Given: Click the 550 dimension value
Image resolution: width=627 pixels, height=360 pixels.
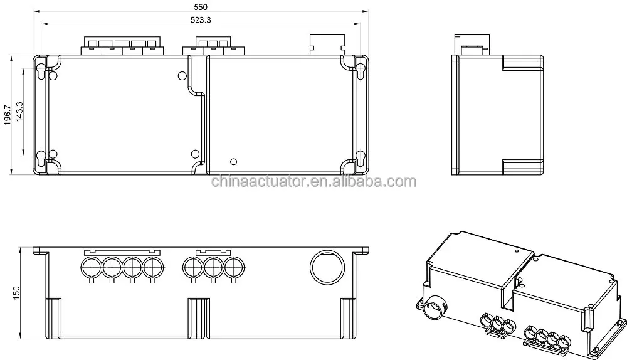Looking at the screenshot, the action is point(201,7).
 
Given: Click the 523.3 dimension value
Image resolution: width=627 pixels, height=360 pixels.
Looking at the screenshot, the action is point(201,19).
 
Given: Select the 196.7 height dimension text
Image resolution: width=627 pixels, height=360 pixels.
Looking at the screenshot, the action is point(8,115).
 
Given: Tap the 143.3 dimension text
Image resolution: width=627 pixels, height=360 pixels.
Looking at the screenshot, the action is point(19,112).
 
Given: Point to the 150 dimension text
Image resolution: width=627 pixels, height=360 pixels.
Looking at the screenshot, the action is point(16,292).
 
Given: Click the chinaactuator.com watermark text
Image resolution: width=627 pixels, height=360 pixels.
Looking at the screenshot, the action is point(313,182).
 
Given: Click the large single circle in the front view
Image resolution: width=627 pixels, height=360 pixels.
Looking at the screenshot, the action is point(327,268).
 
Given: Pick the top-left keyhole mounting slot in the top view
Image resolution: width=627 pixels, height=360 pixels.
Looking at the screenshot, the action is point(41,71).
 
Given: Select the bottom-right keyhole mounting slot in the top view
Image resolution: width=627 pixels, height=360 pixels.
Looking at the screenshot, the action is point(361,159).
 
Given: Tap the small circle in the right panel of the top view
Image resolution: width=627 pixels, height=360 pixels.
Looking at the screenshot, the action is point(234,162).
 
